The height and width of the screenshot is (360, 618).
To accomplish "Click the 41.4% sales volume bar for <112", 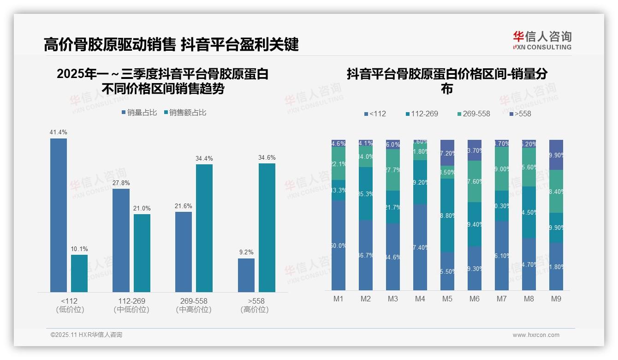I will tap(59, 215).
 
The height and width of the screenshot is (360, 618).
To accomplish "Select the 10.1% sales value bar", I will tap(79, 273).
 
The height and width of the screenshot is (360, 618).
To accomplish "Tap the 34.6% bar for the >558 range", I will tap(267, 228).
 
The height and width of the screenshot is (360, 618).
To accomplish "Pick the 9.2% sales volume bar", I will tap(246, 275).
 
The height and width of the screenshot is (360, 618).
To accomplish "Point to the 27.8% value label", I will tap(121, 183).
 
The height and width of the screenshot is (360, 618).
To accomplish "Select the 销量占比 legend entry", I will tap(139, 113).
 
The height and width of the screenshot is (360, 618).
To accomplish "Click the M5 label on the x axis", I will tap(447, 299).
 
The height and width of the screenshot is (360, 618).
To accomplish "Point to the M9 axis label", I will tap(556, 299).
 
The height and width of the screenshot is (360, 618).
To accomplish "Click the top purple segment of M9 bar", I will tap(556, 155).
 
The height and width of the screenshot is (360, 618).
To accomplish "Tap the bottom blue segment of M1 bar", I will tap(339, 245).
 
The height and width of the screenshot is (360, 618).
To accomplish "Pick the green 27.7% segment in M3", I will tap(393, 170).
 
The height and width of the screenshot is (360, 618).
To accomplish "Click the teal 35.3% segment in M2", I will tap(366, 193).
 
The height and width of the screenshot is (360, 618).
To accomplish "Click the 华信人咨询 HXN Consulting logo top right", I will tap(542, 40).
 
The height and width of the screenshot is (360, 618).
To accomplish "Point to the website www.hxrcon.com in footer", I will tap(536, 335).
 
